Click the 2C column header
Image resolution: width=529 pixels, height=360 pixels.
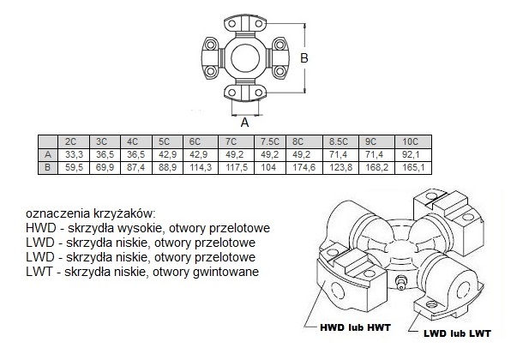tap(73, 141)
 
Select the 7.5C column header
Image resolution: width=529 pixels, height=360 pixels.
tap(270, 141)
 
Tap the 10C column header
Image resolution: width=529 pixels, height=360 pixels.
tap(410, 141)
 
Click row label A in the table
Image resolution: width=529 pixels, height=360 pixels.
tap(48, 153)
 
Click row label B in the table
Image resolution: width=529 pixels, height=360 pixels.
tap(48, 166)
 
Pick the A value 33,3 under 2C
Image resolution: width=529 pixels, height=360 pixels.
tap(74, 153)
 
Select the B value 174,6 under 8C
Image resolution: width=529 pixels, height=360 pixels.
tap(304, 166)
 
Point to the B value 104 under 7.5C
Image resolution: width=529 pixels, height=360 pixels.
tap(269, 166)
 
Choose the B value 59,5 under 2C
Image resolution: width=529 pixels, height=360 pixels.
tap(74, 166)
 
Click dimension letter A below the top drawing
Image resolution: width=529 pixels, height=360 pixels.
tap(244, 123)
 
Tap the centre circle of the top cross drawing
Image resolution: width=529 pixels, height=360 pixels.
tap(244, 58)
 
